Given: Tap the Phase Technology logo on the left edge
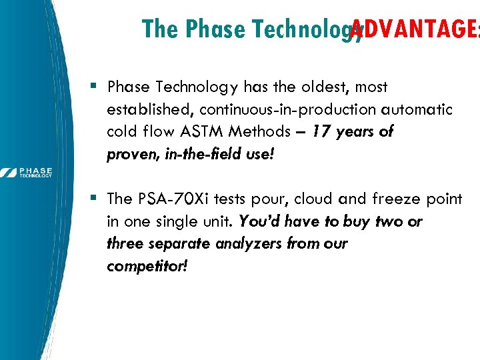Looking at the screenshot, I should tap(27, 173).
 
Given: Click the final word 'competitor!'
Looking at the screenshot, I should tap(147, 267).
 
